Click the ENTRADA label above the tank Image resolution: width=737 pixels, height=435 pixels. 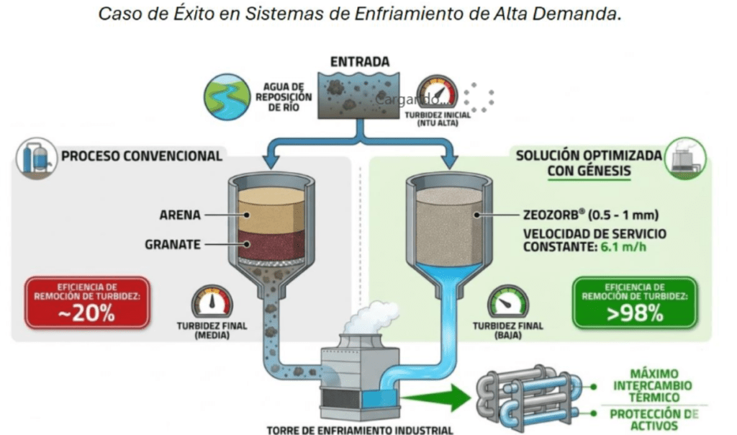click(360, 62)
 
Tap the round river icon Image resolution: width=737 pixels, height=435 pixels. click(227, 97)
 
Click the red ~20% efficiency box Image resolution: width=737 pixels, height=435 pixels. click(87, 302)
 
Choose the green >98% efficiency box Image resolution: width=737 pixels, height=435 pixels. click(635, 302)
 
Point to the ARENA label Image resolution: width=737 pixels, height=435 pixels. click(180, 215)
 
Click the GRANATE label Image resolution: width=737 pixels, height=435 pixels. click(173, 245)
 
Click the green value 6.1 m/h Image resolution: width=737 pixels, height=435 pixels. click(623, 246)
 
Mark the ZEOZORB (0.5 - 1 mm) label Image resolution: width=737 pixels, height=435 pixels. click(591, 215)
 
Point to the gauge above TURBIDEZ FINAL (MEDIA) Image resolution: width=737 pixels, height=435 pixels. click(212, 302)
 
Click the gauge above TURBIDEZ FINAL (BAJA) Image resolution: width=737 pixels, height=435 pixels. click(507, 302)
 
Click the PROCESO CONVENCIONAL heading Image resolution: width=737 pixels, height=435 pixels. click(142, 156)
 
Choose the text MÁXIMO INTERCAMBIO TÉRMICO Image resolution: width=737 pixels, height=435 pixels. click(653, 385)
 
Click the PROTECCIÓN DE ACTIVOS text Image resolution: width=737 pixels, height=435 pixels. click(654, 420)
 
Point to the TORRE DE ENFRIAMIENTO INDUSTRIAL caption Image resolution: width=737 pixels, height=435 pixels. click(360, 430)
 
